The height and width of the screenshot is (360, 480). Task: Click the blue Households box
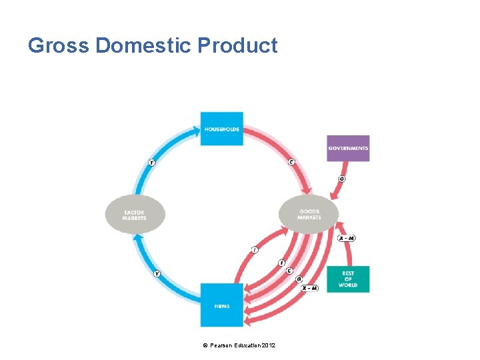click(x=221, y=129)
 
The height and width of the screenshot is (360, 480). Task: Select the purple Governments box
click(x=347, y=148)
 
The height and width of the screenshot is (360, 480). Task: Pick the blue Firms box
click(x=221, y=305)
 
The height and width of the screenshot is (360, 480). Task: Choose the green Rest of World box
click(x=347, y=279)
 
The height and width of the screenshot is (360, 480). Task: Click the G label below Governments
click(x=342, y=179)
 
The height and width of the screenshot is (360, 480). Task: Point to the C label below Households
click(x=291, y=162)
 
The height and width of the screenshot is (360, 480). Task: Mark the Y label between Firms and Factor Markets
click(x=157, y=273)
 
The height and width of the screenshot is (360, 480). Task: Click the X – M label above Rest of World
click(x=346, y=238)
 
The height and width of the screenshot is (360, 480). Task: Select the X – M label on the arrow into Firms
click(x=309, y=288)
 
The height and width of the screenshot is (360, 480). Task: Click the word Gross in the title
click(x=59, y=45)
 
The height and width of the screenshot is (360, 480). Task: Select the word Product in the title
click(x=239, y=45)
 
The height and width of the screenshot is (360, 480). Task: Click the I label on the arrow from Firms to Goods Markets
click(x=255, y=249)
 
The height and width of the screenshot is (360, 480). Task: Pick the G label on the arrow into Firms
click(x=299, y=279)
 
